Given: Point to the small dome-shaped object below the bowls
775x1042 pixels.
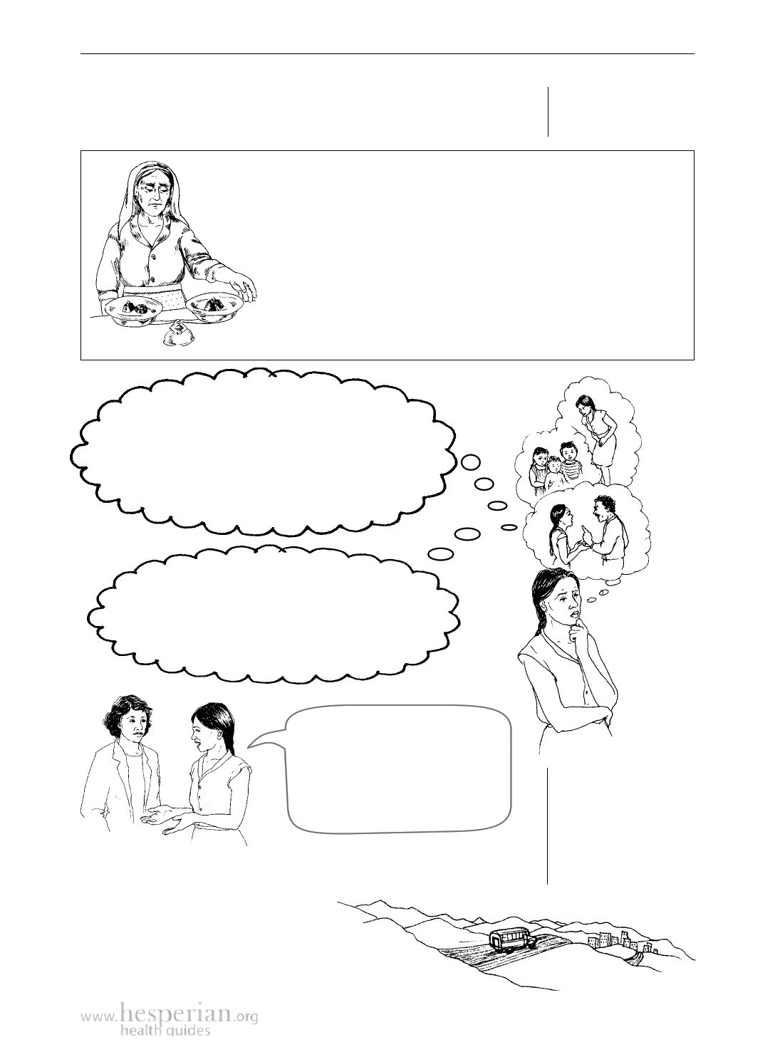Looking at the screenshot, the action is point(177,335).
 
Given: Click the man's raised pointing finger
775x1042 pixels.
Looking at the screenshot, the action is point(582,529).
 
